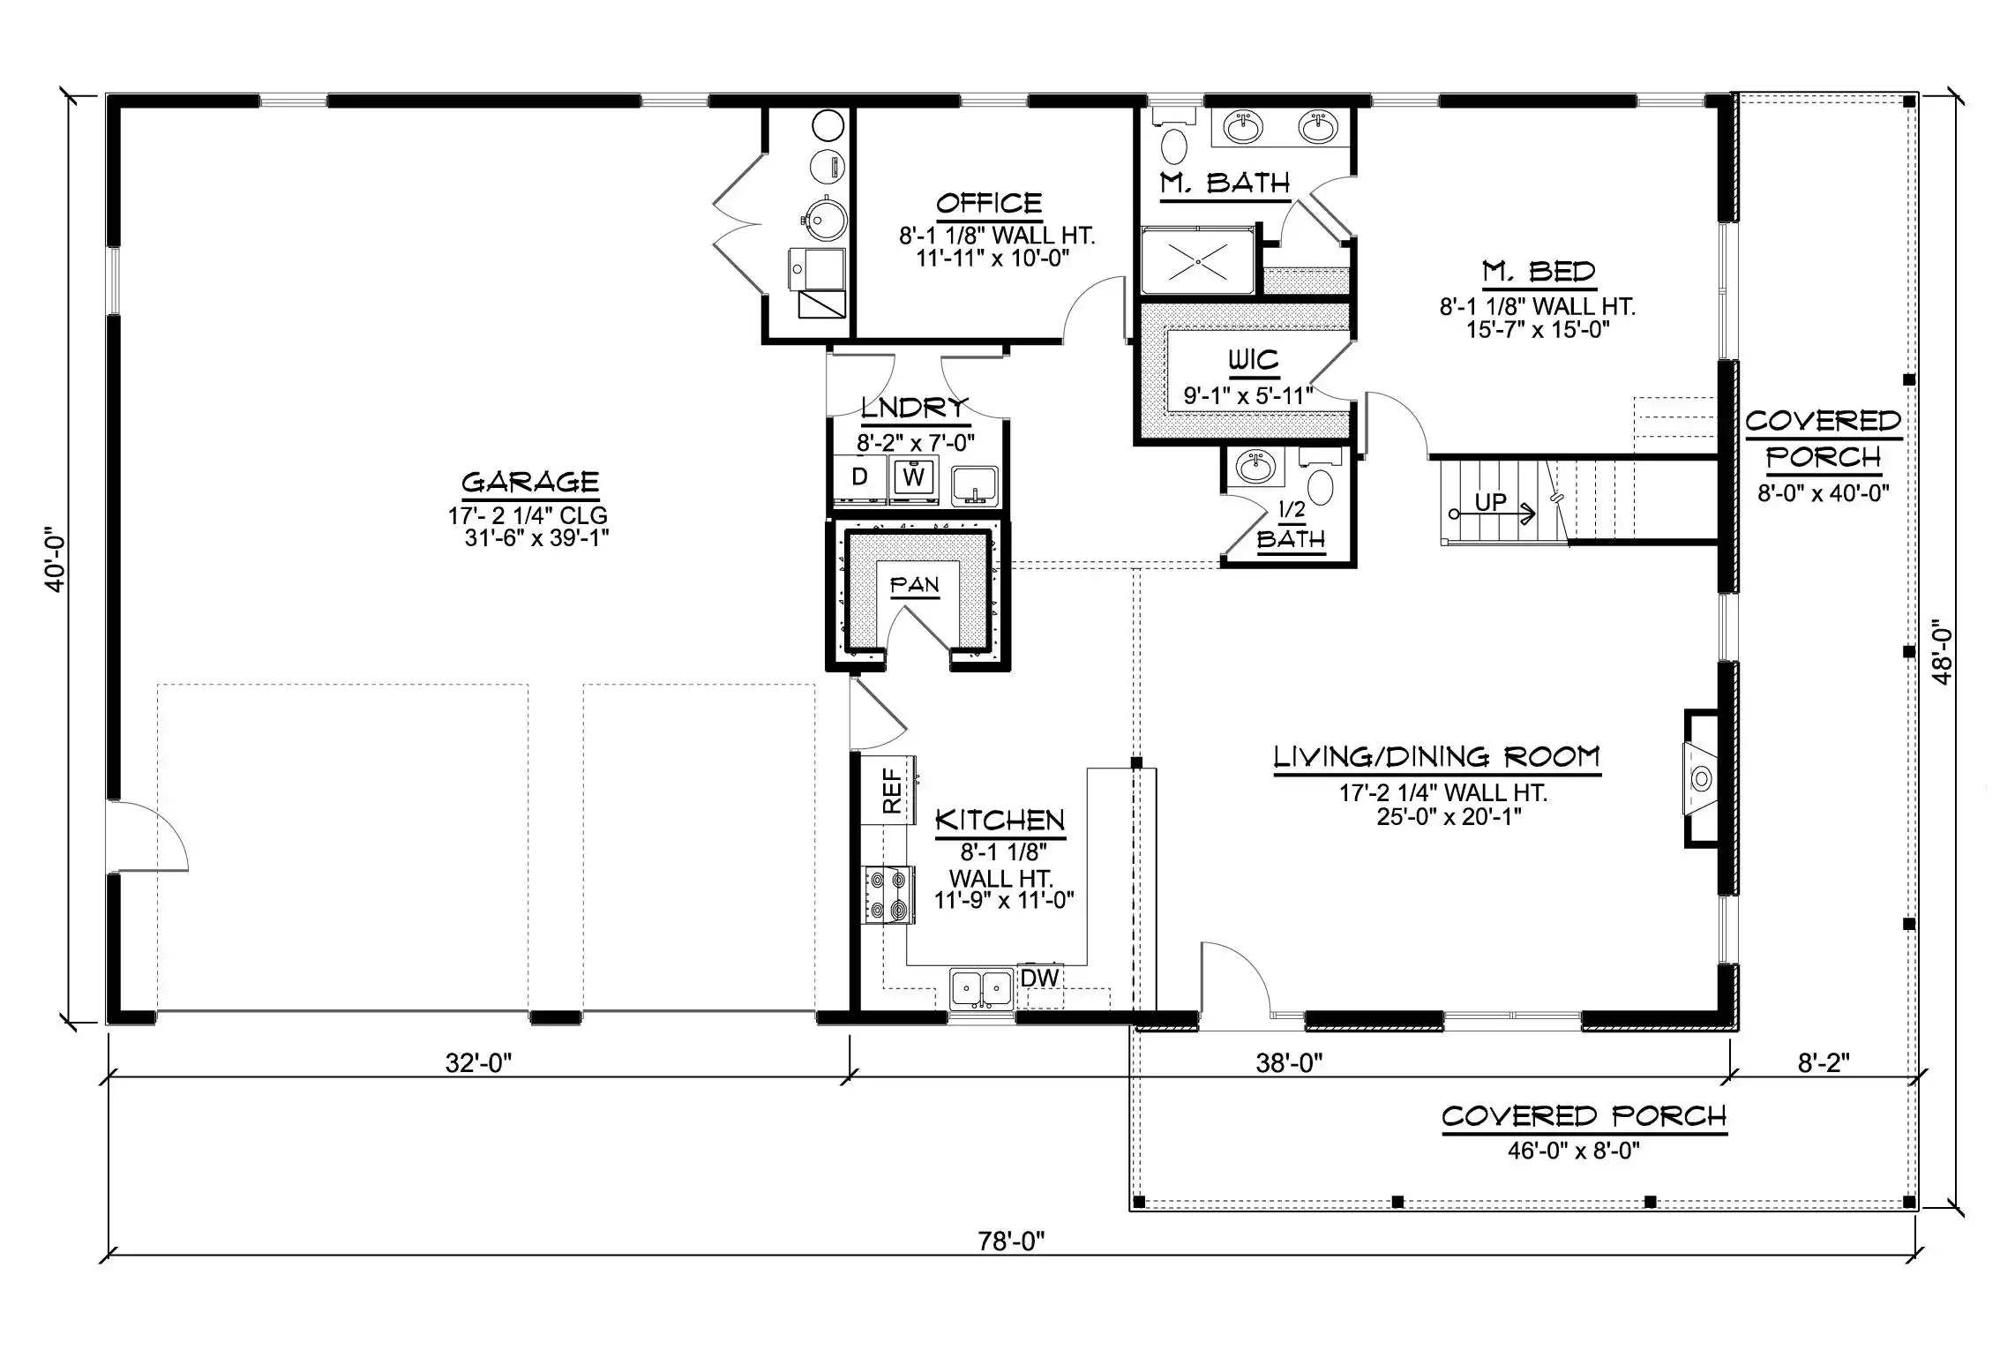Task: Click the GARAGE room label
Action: pos(530,482)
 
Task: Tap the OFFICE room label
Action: pos(989,204)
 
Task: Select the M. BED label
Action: pos(1539,272)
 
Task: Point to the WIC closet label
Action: pos(1253,360)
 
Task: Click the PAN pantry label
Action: pos(914,585)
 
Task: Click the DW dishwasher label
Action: pos(1039,978)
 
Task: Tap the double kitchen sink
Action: pos(982,988)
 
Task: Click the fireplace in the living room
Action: pos(1701,778)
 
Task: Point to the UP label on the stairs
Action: pos(1491,502)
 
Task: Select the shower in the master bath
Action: pos(1197,261)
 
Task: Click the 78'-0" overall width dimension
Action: pos(1011,1241)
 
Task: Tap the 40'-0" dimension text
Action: pos(56,559)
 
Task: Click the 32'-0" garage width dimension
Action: pos(478,1063)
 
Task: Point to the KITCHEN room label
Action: pos(1000,821)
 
